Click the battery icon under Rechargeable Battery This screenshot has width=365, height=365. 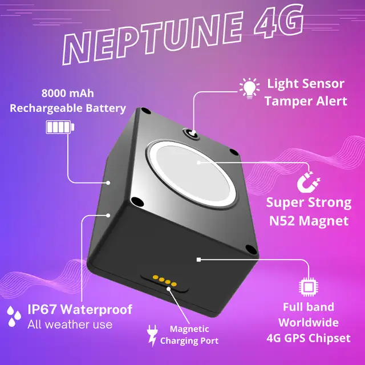(x=60, y=127)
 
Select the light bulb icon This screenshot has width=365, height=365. (x=250, y=89)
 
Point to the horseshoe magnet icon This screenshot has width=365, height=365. (x=308, y=182)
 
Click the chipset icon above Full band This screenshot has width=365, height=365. (x=309, y=286)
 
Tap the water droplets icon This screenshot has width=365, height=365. (x=14, y=317)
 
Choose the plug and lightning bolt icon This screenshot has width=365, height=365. (x=152, y=335)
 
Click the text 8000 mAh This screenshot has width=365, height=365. (x=67, y=94)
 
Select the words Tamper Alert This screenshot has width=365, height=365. (x=306, y=102)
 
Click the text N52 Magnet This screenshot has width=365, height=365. (x=309, y=221)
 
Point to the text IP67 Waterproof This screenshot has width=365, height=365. (x=80, y=310)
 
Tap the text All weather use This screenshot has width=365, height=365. (x=70, y=325)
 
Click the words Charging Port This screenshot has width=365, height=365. (x=189, y=341)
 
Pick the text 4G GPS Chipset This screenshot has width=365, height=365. (x=309, y=338)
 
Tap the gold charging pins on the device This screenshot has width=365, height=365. (x=164, y=281)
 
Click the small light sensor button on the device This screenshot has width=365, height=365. (x=192, y=133)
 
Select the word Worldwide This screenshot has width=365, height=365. (x=309, y=322)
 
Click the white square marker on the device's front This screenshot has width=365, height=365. (x=198, y=259)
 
